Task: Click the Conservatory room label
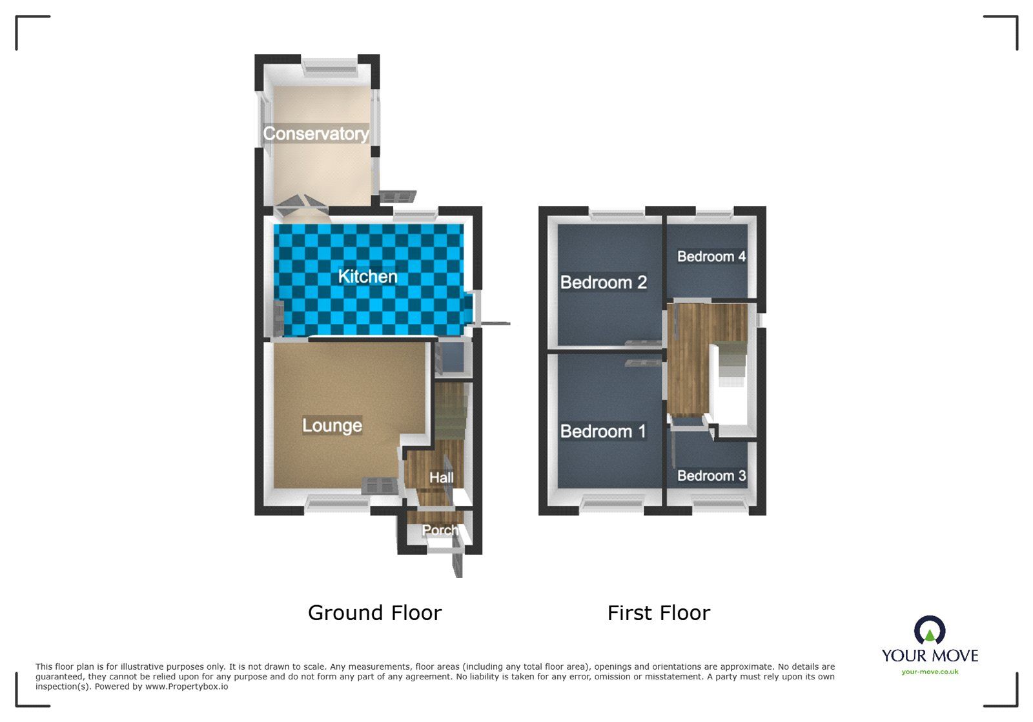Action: [x=316, y=134]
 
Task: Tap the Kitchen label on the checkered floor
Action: [x=367, y=276]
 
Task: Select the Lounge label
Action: [x=332, y=425]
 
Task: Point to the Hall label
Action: [x=442, y=477]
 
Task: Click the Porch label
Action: [x=440, y=530]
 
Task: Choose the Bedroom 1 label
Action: [x=603, y=431]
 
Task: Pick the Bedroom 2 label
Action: [x=603, y=282]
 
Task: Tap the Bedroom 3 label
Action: [x=711, y=476]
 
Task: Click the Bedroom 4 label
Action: [x=711, y=256]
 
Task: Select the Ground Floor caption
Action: [x=374, y=612]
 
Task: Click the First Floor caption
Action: [x=659, y=612]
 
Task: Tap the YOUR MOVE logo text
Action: [x=930, y=656]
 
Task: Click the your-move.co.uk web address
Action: [x=930, y=672]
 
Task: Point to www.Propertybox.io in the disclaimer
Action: [x=186, y=687]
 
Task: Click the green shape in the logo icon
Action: [x=930, y=636]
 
